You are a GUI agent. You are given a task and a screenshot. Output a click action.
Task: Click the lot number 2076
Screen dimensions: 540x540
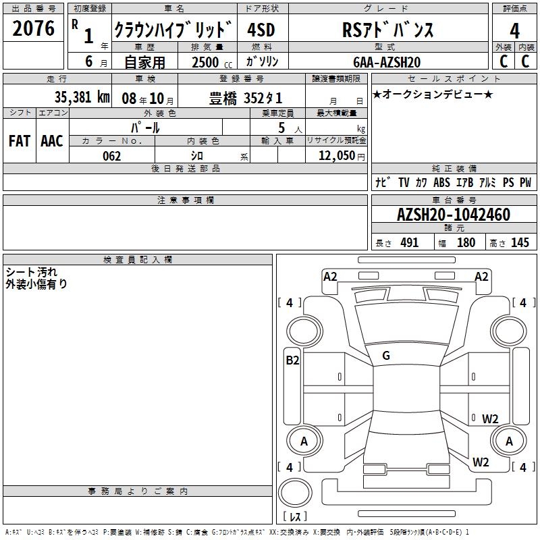click(x=33, y=28)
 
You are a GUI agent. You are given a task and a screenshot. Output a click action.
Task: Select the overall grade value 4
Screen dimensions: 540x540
click(x=514, y=30)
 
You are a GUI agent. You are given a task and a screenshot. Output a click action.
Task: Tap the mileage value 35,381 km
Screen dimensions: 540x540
click(x=82, y=97)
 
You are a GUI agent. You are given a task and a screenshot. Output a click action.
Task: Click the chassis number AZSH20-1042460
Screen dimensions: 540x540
click(x=453, y=215)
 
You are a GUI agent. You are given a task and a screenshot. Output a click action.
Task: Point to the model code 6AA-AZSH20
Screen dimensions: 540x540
click(x=387, y=62)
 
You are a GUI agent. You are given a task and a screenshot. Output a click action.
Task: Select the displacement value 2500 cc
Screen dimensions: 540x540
click(x=212, y=62)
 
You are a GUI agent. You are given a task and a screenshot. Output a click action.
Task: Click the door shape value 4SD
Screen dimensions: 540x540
click(x=261, y=30)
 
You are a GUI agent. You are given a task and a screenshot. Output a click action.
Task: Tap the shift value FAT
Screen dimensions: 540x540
click(x=20, y=141)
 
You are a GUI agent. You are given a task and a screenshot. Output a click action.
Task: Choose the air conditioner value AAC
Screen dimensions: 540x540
click(x=52, y=141)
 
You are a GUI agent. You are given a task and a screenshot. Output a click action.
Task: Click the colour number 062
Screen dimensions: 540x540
click(x=111, y=156)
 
